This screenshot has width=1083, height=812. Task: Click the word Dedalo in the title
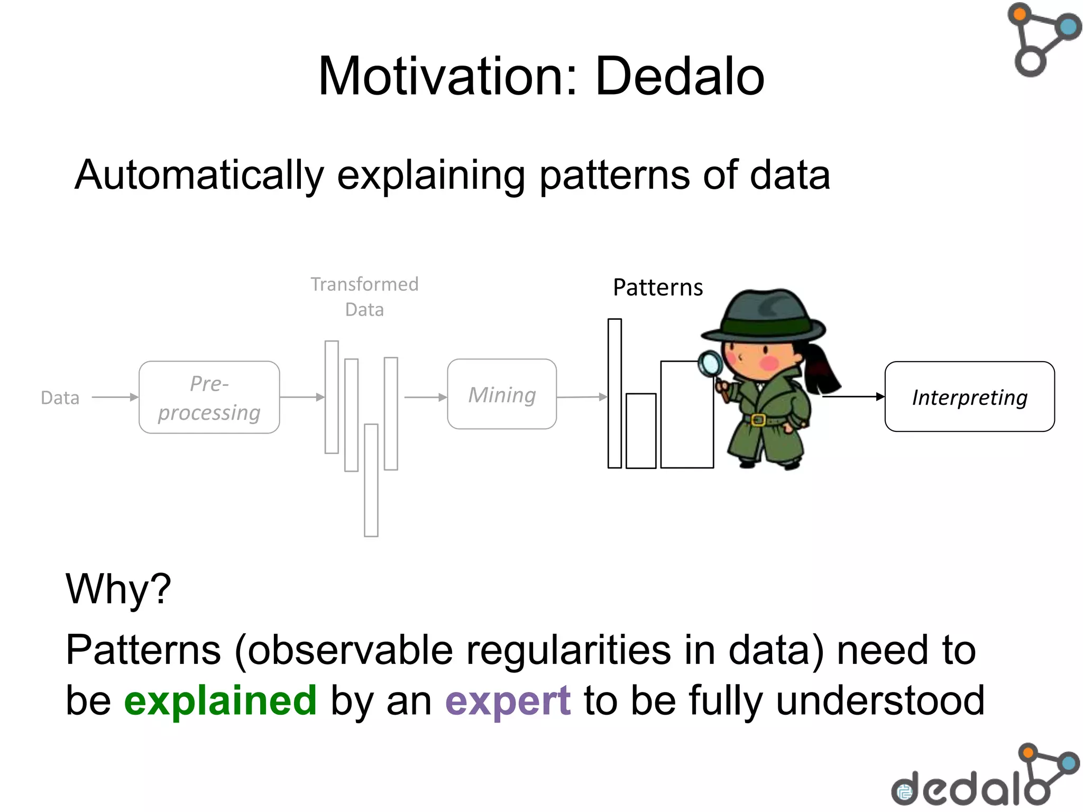(680, 77)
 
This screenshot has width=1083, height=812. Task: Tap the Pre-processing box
(209, 398)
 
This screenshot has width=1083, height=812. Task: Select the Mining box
(502, 394)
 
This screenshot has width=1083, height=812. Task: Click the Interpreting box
(969, 397)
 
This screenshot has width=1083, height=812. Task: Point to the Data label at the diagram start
(60, 398)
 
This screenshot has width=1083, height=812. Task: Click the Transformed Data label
(364, 297)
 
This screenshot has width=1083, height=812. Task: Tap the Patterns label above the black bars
(658, 288)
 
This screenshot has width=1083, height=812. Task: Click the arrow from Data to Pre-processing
(114, 397)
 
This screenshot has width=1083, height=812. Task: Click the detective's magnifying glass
(711, 364)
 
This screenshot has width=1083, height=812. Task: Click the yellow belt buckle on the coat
(758, 420)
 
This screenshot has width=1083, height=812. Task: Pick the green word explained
(220, 700)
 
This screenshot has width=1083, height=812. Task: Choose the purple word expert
(508, 701)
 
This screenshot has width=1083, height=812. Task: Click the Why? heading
(118, 589)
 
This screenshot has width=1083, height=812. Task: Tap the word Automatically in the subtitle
(199, 175)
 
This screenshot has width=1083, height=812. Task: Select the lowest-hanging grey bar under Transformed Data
(371, 480)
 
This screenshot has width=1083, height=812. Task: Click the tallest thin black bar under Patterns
(614, 393)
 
